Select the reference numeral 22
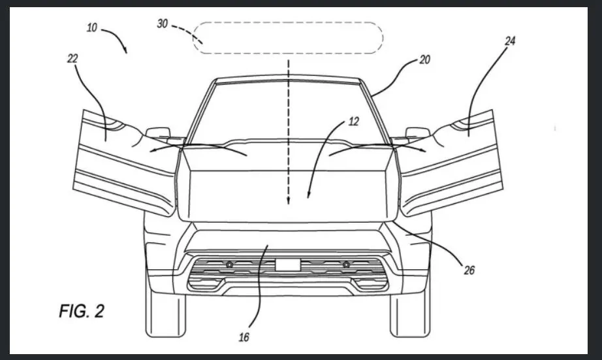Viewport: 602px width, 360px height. click(72, 58)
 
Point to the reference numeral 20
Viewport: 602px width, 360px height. click(425, 60)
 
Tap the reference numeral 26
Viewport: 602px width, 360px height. click(469, 269)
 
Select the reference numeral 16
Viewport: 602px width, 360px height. click(243, 337)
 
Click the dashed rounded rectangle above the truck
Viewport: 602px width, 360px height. click(288, 38)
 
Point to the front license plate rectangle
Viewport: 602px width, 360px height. click(287, 264)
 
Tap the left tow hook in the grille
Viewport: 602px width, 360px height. click(229, 264)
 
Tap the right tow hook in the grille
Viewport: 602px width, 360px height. click(345, 264)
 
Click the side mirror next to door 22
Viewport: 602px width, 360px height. click(157, 133)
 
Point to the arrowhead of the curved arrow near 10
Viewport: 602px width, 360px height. click(125, 50)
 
